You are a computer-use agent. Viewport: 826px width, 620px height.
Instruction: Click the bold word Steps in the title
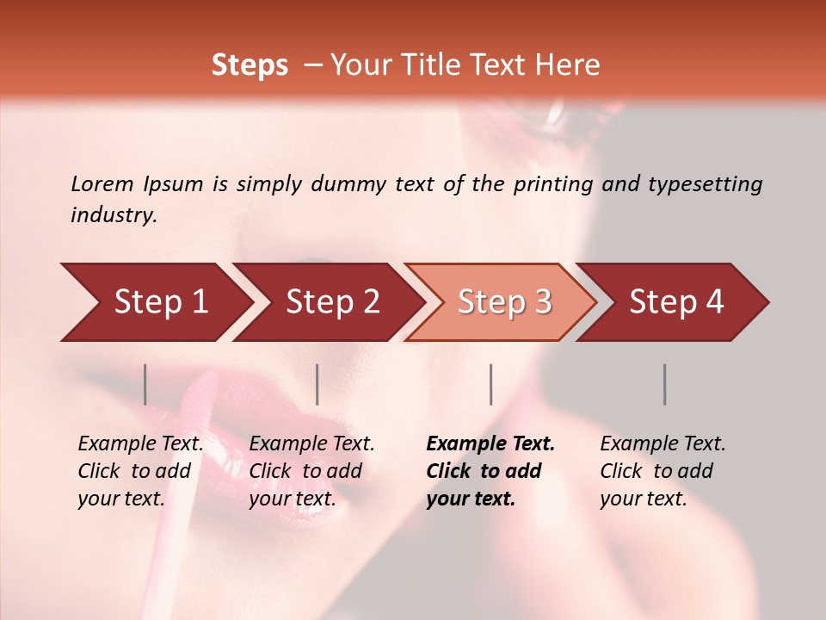(x=250, y=65)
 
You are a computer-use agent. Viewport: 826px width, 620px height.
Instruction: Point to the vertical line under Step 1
(x=145, y=384)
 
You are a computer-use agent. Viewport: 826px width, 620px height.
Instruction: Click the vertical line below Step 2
(x=317, y=384)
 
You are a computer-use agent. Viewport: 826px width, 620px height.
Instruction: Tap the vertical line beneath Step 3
(x=490, y=384)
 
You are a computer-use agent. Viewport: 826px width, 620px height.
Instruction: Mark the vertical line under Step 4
(x=664, y=384)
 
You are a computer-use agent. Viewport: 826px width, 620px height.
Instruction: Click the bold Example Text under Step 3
(x=490, y=444)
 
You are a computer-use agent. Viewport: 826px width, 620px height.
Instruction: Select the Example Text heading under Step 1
(x=140, y=444)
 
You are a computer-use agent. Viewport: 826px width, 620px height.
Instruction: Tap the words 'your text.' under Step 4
(x=643, y=499)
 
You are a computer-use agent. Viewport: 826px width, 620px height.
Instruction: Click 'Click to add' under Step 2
(x=305, y=471)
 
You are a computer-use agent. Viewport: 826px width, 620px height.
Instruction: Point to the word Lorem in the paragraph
(x=102, y=184)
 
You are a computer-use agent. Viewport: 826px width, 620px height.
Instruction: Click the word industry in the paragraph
(x=113, y=215)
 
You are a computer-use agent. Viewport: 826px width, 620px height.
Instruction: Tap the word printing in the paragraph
(x=551, y=184)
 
